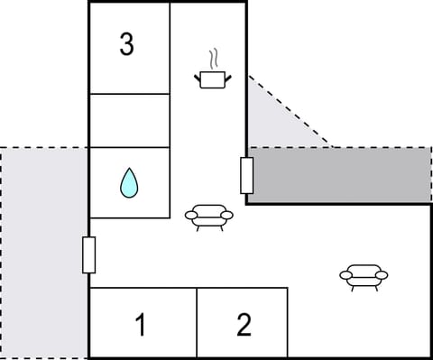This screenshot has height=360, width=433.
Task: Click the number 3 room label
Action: [x=127, y=44]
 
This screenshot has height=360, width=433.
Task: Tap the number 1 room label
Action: [x=140, y=325]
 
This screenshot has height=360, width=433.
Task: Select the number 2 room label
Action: [x=244, y=325]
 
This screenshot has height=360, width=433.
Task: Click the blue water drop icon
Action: [x=130, y=183]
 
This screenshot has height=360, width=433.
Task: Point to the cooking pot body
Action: [x=211, y=80]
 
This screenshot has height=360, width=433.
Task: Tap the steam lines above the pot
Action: [x=213, y=60]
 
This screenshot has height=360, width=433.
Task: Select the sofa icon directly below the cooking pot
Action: [x=208, y=216]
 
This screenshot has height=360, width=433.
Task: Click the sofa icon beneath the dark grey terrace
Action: [x=364, y=275]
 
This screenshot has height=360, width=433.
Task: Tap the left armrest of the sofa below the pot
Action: [x=190, y=215]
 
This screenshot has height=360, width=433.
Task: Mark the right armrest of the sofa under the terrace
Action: [x=382, y=275]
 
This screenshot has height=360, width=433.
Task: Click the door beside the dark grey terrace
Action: [x=246, y=175]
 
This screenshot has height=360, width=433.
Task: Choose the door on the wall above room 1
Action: [x=88, y=254]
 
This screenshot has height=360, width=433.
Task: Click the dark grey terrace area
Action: [x=343, y=175]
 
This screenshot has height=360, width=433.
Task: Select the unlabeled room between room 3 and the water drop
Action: [x=129, y=120]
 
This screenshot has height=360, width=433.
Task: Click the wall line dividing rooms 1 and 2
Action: [x=197, y=322]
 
